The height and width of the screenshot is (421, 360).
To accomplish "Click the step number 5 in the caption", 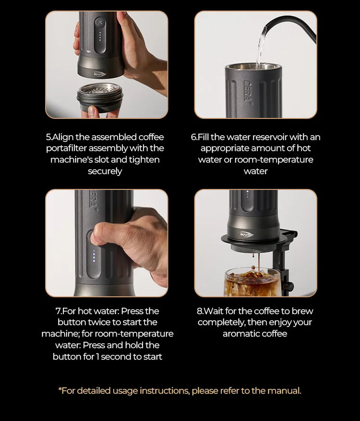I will (48, 137).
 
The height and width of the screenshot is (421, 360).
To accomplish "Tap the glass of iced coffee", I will (252, 282).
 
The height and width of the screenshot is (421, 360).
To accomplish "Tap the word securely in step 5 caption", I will (105, 172).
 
